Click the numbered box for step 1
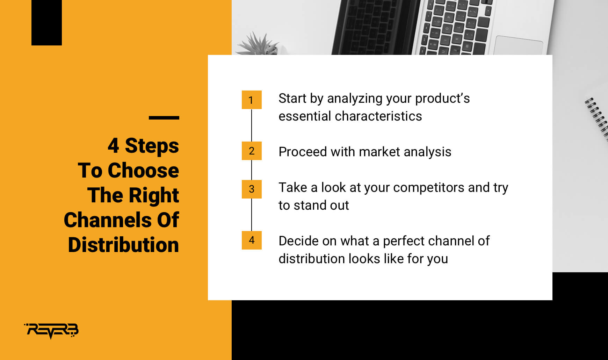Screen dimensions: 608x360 pos(252,100)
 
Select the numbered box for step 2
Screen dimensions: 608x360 pos(252,151)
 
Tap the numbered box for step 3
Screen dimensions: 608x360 pos(252,189)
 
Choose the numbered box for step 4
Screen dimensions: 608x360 pos(252,240)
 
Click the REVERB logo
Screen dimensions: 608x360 pos(51,331)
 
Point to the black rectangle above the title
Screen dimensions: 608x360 pos(46,23)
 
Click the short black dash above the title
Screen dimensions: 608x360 pos(164,118)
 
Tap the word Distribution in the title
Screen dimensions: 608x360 pos(123,245)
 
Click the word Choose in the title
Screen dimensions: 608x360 pos(143,170)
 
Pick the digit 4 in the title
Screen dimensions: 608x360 pos(113,145)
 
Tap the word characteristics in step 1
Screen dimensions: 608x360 pos(378,116)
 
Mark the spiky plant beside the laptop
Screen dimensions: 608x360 pos(258,44)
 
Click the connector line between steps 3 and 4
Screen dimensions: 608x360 pos(252,215)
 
